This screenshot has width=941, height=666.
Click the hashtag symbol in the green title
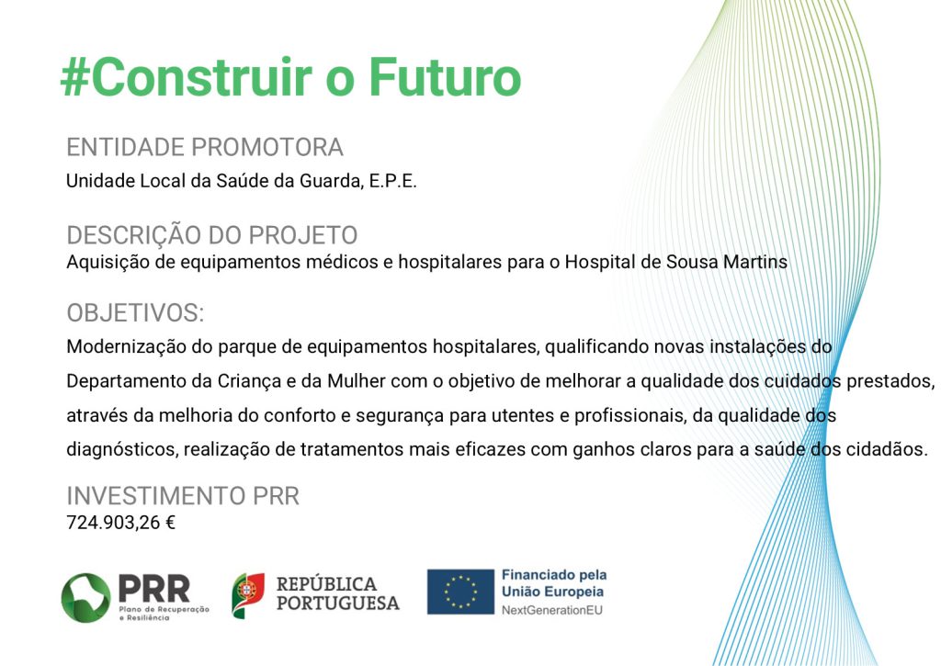tap(75, 78)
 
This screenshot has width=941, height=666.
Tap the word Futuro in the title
tap(445, 77)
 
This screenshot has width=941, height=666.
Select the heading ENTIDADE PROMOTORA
tap(205, 147)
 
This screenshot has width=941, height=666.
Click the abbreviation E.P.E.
tap(392, 181)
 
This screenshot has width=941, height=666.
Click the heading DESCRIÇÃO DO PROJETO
tap(212, 234)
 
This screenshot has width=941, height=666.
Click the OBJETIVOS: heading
tap(136, 312)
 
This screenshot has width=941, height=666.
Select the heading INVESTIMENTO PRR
tap(183, 496)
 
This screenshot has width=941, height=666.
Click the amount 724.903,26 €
tap(120, 523)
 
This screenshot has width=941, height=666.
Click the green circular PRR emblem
tap(85, 598)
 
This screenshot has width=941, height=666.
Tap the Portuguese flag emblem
tap(248, 595)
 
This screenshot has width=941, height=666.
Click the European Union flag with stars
tap(460, 592)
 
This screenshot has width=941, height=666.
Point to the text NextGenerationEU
tap(552, 610)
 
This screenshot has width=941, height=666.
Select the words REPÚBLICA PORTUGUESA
tap(338, 593)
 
